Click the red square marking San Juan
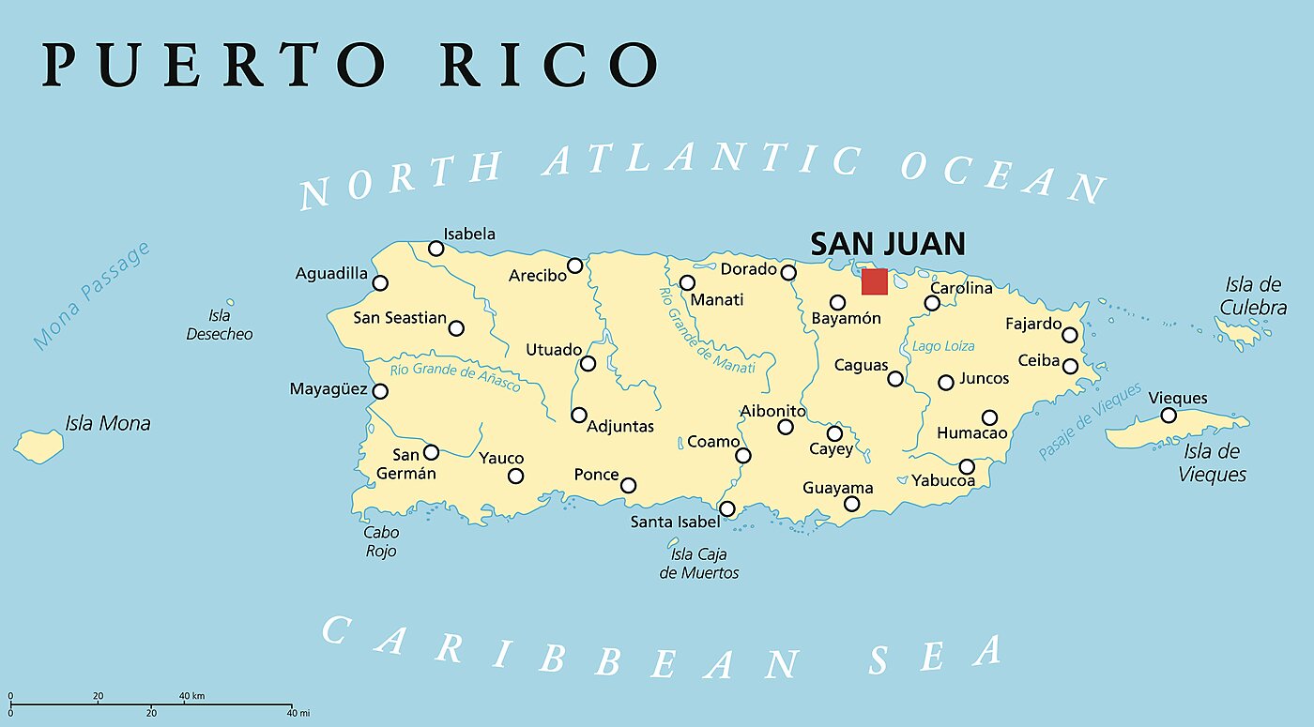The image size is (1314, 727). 875,281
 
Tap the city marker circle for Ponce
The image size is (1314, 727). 629,485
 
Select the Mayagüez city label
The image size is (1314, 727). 328,388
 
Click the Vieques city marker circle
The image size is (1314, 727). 1169,416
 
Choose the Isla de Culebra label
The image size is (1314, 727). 1253,295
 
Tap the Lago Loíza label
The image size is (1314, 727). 943,346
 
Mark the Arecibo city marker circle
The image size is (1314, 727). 575,265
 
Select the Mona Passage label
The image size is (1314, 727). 91,295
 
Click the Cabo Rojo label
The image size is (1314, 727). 380,541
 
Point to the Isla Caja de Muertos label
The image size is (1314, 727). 699,563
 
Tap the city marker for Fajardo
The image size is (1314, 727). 1070,335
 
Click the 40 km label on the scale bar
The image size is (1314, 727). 191,696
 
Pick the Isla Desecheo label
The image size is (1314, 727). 220,325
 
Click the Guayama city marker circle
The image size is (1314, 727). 852,504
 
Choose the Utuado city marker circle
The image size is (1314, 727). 588,364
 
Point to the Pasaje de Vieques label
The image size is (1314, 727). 1091,421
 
